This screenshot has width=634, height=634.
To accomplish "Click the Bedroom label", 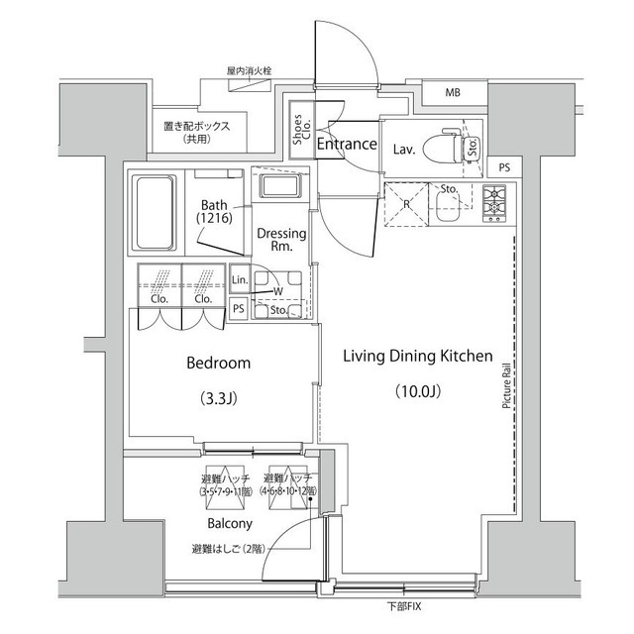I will click(x=219, y=364).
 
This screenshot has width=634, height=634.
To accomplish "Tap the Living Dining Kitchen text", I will click(x=418, y=356).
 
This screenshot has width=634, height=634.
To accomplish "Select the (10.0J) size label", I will click(x=418, y=389).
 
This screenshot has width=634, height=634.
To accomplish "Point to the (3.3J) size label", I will click(x=219, y=400).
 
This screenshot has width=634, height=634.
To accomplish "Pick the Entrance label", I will click(x=347, y=144).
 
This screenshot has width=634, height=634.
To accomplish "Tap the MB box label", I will click(x=453, y=94).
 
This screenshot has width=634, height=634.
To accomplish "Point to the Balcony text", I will click(x=229, y=523).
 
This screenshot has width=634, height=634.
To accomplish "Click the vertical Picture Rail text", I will click(x=505, y=383).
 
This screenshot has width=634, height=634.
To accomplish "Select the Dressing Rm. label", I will click(x=280, y=240).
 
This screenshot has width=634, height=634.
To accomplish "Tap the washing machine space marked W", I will click(x=276, y=291).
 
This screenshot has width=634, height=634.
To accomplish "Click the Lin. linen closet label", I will click(x=239, y=281).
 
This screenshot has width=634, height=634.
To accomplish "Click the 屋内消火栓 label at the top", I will click(x=249, y=71).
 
